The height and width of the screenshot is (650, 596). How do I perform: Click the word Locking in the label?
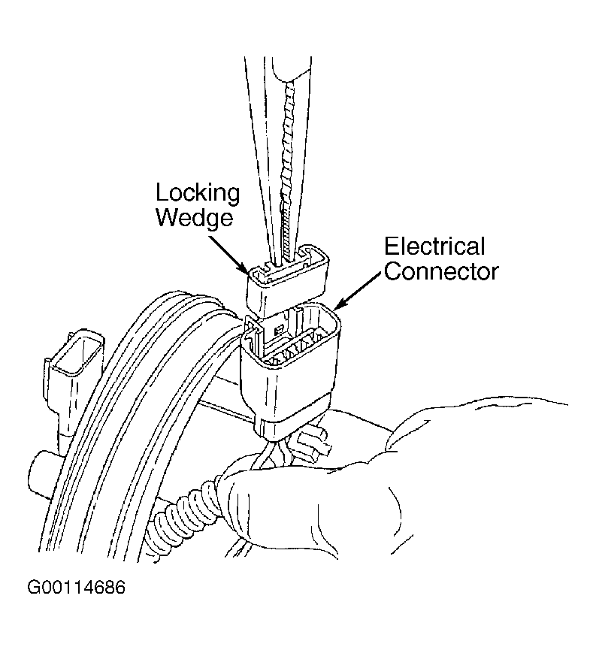(x=198, y=193)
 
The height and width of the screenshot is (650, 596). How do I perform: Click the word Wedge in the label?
(x=194, y=217)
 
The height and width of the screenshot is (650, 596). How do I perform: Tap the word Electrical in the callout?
(x=434, y=246)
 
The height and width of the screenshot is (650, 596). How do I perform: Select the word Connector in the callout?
(x=441, y=271)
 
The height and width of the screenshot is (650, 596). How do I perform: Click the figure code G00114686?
(x=76, y=588)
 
